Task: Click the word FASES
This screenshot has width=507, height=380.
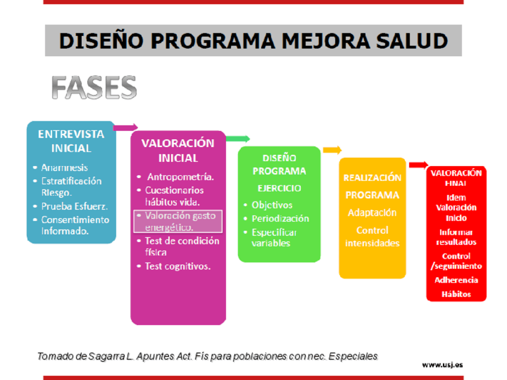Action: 94,87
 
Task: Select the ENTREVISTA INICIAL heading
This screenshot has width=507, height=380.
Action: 71,141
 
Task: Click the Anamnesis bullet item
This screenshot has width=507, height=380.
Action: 65,167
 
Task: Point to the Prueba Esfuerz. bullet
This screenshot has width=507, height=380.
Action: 74,206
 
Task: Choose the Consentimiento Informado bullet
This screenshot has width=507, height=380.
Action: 75,225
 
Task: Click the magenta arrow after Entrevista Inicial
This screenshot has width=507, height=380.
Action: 126,127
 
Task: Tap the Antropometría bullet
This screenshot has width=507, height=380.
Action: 181,177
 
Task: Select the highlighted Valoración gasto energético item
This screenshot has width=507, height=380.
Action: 178,221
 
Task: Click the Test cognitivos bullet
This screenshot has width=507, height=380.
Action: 178,266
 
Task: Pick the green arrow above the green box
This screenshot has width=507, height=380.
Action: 238,139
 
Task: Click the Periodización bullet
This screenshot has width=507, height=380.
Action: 280,219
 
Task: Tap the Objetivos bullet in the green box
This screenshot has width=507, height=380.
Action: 272,205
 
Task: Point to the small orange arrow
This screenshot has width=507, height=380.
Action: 332,150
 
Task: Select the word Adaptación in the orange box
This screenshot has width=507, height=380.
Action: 372,213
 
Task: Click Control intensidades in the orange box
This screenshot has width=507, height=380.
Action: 372,237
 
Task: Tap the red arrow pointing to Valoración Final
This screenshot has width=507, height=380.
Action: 419,165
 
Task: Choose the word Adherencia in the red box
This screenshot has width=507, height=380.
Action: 456,280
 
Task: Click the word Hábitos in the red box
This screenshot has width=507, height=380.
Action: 456,294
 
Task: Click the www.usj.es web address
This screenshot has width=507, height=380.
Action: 442,365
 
